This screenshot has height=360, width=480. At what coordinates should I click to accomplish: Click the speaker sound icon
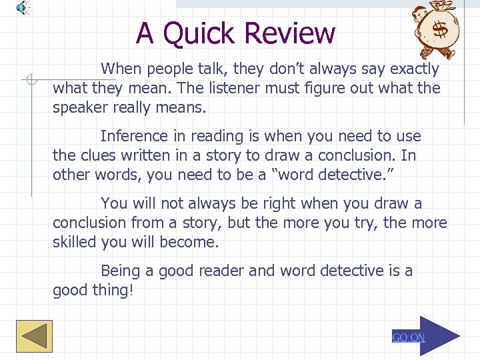point(23,7)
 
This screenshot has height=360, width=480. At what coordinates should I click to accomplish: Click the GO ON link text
point(408,337)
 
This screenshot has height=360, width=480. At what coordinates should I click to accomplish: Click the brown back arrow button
point(33,335)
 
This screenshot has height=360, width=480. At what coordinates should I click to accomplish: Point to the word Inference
point(133,136)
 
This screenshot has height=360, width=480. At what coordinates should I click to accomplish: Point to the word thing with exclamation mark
point(113,290)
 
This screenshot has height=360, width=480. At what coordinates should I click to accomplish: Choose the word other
point(72,175)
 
